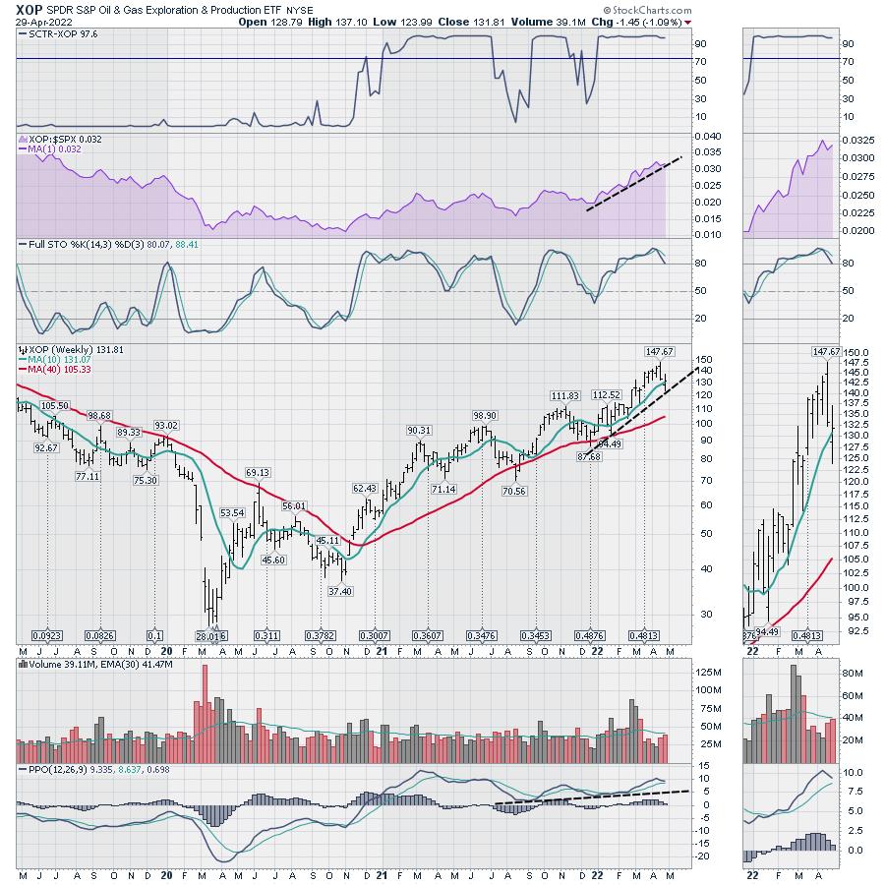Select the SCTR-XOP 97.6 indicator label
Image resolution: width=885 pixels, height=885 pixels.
tap(56, 34)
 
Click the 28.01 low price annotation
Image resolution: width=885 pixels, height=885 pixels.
tap(207, 635)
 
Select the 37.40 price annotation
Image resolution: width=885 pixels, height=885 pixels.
tap(341, 590)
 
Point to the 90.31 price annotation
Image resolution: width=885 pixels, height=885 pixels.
tap(420, 430)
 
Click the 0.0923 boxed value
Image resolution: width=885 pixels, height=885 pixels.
tap(48, 635)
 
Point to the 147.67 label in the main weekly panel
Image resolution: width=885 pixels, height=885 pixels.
tap(658, 351)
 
